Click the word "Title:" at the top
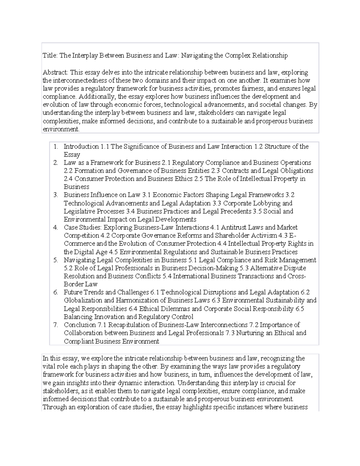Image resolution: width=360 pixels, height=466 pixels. (50, 56)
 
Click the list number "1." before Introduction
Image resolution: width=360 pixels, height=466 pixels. (55, 147)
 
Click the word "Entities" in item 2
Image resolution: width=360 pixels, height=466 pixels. (197, 171)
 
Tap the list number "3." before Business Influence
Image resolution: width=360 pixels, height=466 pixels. (55, 195)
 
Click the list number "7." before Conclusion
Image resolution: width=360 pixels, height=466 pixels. (55, 325)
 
